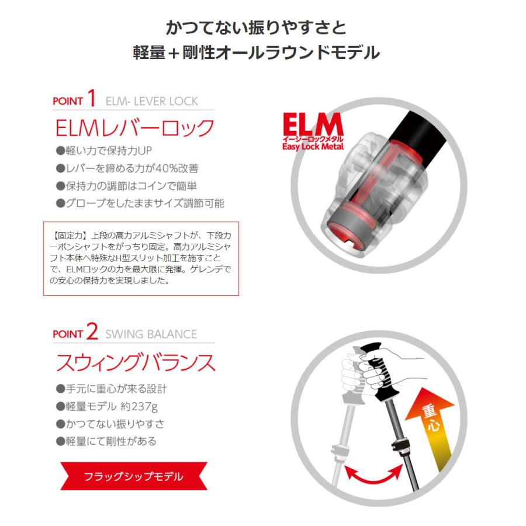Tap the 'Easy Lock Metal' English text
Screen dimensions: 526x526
313,147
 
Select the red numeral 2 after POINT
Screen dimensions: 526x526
92,331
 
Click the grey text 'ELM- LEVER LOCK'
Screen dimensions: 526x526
151,101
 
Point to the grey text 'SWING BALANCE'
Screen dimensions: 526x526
151,334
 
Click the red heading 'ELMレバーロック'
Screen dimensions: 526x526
135,128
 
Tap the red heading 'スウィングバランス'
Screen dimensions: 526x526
136,362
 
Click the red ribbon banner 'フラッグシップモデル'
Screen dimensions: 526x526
134,476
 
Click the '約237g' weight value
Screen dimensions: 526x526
139,407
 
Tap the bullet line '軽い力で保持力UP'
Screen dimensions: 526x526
104,151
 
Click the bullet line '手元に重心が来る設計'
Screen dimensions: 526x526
112,389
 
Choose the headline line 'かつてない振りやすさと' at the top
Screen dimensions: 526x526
257,27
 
